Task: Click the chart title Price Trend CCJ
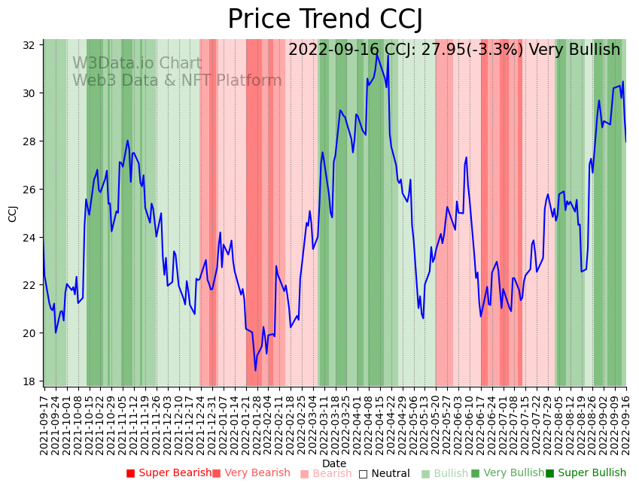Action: coord(324,19)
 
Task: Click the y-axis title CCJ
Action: coord(13,213)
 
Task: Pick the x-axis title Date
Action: coord(334,463)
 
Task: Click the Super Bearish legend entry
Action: coord(169,473)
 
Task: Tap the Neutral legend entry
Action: coord(385,474)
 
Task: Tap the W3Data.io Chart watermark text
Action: coord(137,64)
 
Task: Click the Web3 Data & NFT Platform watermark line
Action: coord(177,80)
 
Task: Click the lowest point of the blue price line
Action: coord(255,370)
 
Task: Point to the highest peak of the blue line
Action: coord(377,54)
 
